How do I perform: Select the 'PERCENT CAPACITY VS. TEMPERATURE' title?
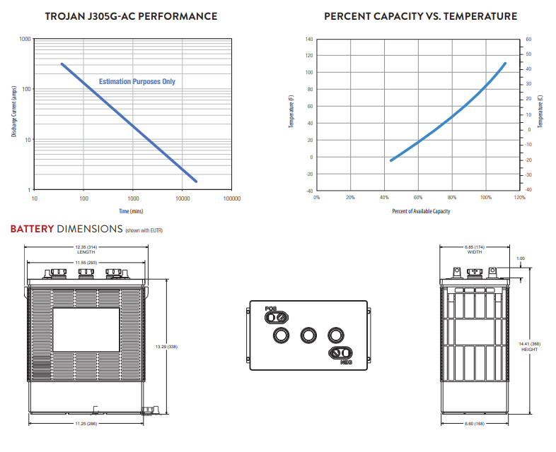pyautogui.click(x=420, y=16)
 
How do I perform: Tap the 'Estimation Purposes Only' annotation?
pyautogui.click(x=137, y=82)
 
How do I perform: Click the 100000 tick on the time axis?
pyautogui.click(x=231, y=198)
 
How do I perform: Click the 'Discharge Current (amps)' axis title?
pyautogui.click(x=13, y=114)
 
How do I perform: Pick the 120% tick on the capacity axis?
pyautogui.click(x=520, y=198)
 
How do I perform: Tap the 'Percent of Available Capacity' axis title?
pyautogui.click(x=420, y=210)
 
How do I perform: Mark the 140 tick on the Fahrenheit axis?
pyautogui.click(x=308, y=39)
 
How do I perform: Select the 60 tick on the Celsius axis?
pyautogui.click(x=528, y=39)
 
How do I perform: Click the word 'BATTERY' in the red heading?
pyautogui.click(x=32, y=229)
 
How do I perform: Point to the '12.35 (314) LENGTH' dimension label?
pyautogui.click(x=86, y=249)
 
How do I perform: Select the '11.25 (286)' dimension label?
pyautogui.click(x=86, y=424)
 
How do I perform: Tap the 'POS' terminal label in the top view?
pyautogui.click(x=270, y=309)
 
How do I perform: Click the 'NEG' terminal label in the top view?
pyautogui.click(x=346, y=362)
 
